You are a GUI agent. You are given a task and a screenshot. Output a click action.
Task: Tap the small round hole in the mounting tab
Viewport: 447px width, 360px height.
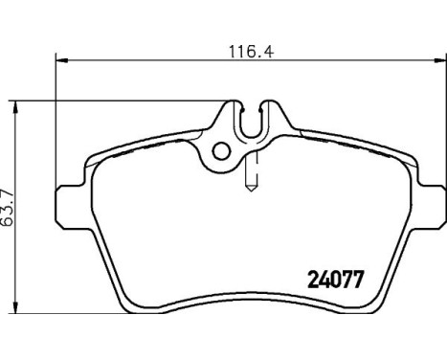coord(222,149)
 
